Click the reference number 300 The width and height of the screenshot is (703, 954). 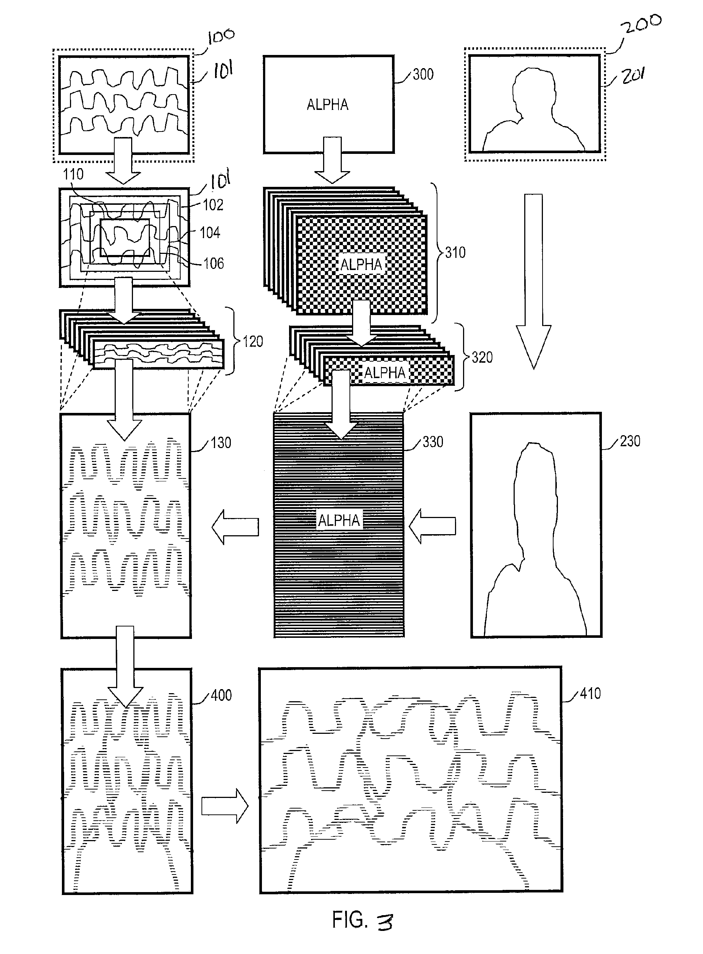(423, 74)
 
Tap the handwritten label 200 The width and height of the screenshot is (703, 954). (640, 24)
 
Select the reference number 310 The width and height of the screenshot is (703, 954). (455, 252)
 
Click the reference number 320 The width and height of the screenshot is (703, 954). (482, 357)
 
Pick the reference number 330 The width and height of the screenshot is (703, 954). (433, 442)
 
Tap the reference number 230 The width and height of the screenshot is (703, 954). (630, 441)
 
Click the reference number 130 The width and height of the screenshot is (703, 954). (221, 443)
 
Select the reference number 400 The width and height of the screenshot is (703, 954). (221, 695)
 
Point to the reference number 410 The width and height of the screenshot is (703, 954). (590, 694)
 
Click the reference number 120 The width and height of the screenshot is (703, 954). (253, 341)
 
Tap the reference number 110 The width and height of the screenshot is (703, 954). (73, 174)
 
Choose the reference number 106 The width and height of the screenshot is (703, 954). (214, 263)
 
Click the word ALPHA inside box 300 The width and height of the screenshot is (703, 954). (328, 105)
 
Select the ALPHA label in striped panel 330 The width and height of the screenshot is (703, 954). (339, 520)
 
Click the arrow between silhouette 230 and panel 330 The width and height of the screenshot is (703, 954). (432, 526)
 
